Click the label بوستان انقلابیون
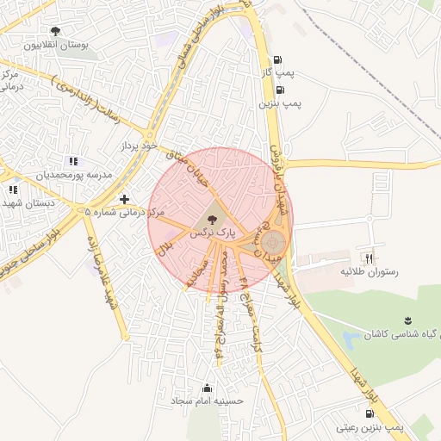[x=55, y=45]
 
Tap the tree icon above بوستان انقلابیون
[x=55, y=31]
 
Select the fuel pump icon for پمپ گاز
[x=276, y=60]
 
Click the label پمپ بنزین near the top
[x=279, y=103]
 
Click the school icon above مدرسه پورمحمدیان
[x=72, y=161]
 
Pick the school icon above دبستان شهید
[x=12, y=189]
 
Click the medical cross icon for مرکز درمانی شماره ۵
[x=125, y=199]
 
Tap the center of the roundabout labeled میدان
[x=273, y=242]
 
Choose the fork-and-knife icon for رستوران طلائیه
[x=370, y=258]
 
